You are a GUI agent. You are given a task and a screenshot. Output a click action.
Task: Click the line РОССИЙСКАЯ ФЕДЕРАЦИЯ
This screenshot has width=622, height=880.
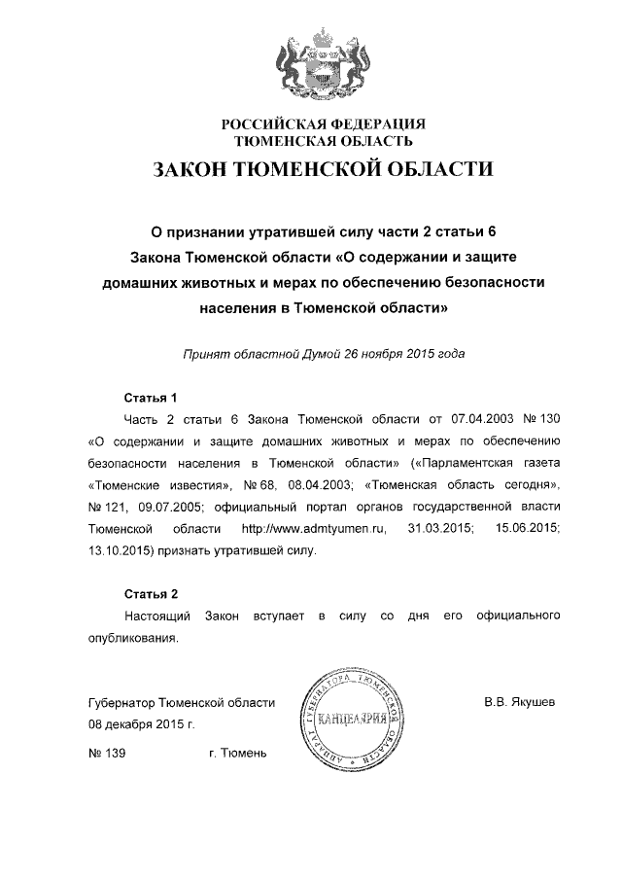coord(324,124)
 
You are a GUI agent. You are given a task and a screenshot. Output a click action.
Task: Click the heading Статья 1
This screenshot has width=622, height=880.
coord(152,398)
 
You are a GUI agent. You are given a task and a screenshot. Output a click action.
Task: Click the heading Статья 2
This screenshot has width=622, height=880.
coord(152,593)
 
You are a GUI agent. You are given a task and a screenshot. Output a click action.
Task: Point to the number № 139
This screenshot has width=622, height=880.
coord(106,754)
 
